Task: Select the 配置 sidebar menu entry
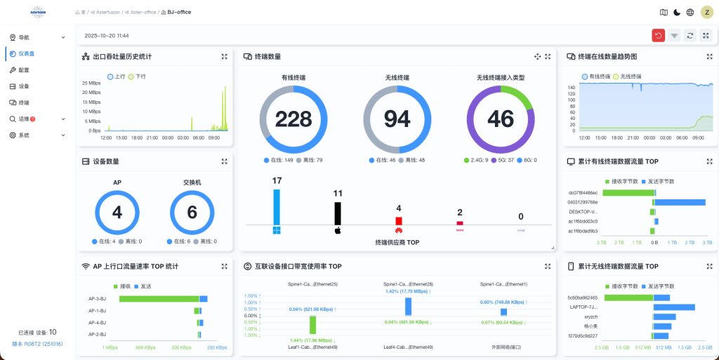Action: pos(24,70)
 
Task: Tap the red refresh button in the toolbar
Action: pos(658,35)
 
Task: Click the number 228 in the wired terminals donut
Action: pos(293,119)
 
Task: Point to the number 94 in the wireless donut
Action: pos(397,119)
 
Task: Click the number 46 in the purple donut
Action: pos(501,119)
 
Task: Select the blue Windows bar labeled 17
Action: pos(276,205)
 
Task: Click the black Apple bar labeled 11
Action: pos(337,213)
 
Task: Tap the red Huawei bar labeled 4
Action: pos(398,220)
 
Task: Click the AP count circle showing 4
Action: pos(117,213)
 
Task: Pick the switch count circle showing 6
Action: pos(192,213)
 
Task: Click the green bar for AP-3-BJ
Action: pos(159,299)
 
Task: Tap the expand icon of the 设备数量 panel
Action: pos(224,161)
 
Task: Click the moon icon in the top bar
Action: pos(677,12)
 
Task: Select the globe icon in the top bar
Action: pos(690,12)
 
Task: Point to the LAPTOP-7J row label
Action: pos(583,307)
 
